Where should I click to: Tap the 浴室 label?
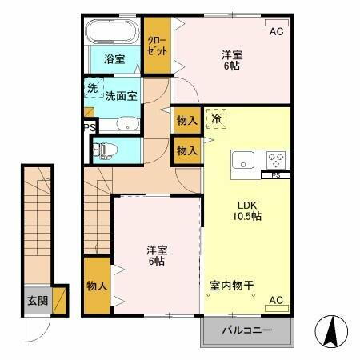point(114,59)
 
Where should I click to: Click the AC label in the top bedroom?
point(276,32)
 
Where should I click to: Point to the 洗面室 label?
point(120,94)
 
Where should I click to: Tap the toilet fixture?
point(105,150)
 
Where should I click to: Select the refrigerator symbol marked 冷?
point(216,118)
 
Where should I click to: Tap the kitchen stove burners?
point(277,158)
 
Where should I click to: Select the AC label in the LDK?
point(276,300)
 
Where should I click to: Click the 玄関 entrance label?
point(37,302)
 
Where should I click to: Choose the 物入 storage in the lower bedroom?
point(96,286)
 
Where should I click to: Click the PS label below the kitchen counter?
point(276,175)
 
